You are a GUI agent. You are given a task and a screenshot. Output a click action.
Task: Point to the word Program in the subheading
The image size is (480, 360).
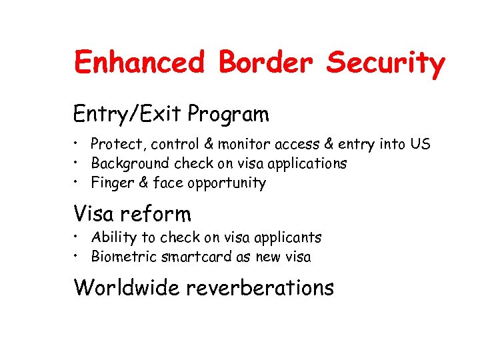228,115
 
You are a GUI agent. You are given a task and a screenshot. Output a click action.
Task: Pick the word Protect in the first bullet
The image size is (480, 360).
113,144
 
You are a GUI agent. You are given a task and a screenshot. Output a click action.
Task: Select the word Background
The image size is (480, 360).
130,163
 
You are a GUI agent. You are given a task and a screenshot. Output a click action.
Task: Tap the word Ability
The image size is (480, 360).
111,238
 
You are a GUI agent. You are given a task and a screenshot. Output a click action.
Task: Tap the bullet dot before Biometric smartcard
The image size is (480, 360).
78,255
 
